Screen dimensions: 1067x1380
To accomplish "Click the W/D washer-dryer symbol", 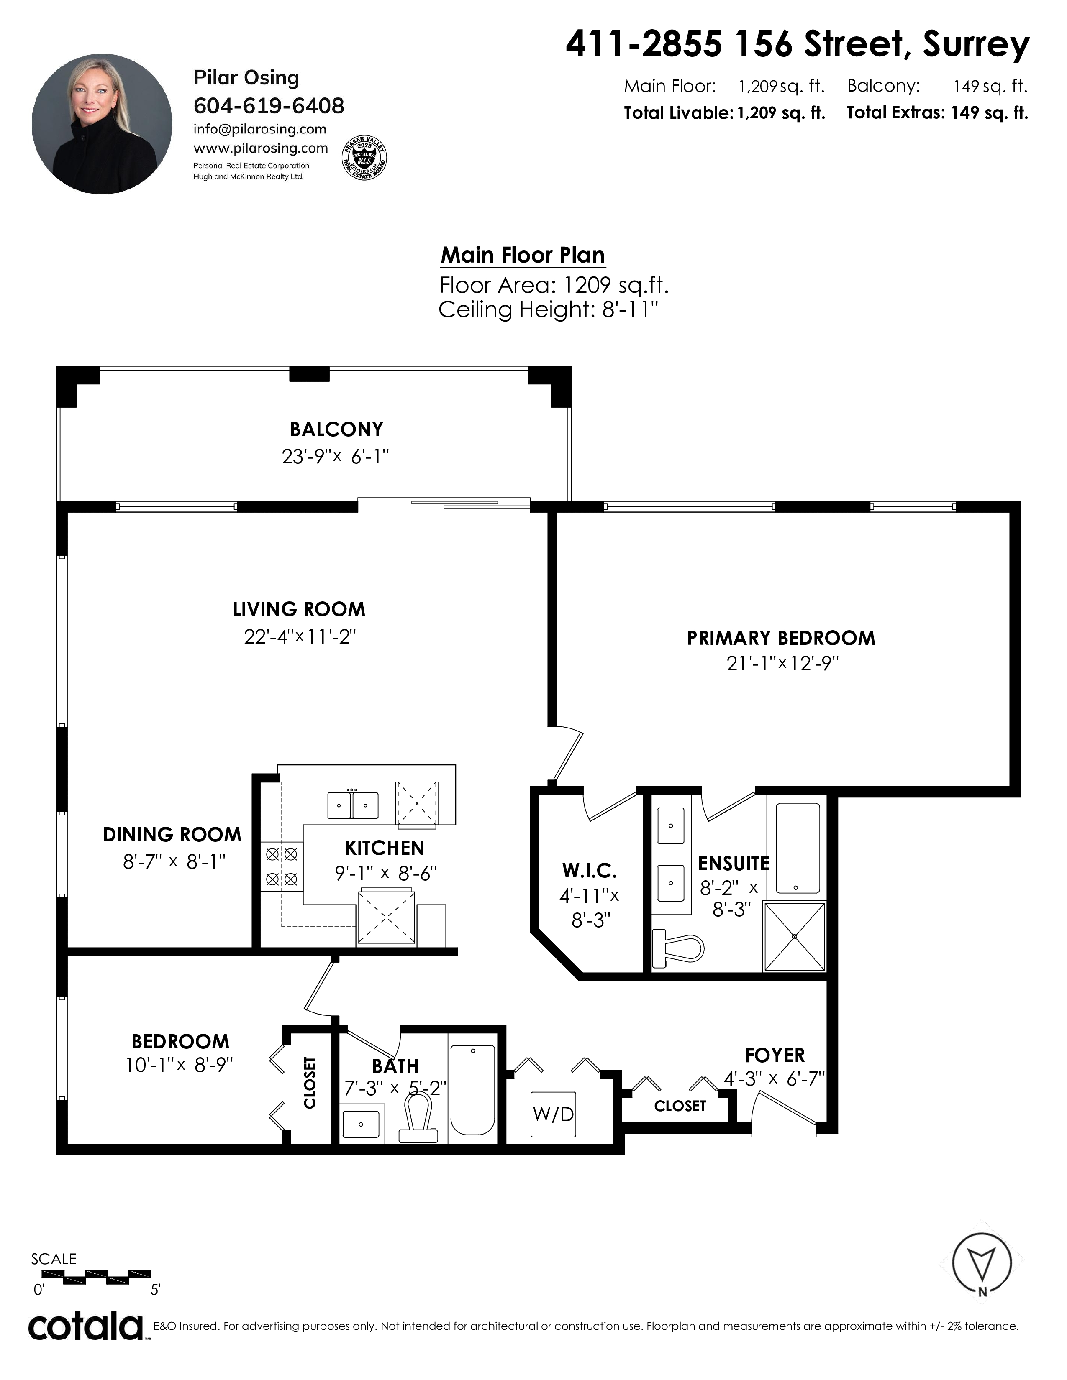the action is [x=553, y=1114].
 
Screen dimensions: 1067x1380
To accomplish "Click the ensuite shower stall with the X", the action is [x=795, y=936].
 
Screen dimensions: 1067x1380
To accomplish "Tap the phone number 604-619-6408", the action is [x=269, y=105].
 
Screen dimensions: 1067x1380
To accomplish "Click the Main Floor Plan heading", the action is [x=523, y=255].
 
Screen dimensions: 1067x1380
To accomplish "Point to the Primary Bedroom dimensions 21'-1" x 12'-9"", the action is [x=782, y=664].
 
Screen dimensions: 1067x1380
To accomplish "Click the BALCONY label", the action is [x=336, y=429].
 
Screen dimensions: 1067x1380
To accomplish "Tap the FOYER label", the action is [x=775, y=1055].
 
